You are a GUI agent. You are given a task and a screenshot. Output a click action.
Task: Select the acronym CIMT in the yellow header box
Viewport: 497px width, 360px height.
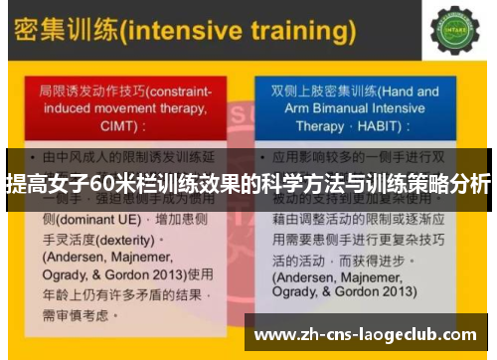(x=84, y=127)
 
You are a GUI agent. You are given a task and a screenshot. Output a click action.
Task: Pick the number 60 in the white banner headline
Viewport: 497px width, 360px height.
(x=102, y=184)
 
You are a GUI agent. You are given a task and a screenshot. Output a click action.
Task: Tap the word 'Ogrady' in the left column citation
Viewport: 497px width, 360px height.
(x=68, y=270)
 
